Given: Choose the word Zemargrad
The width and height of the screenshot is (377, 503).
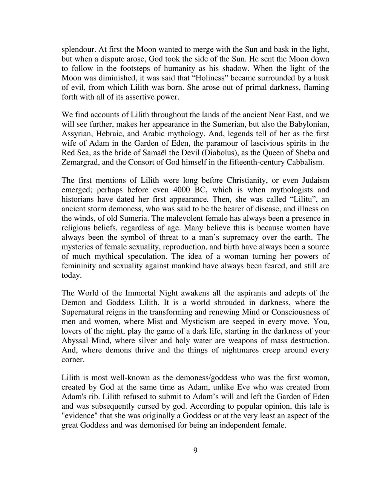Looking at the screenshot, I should [80, 162].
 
